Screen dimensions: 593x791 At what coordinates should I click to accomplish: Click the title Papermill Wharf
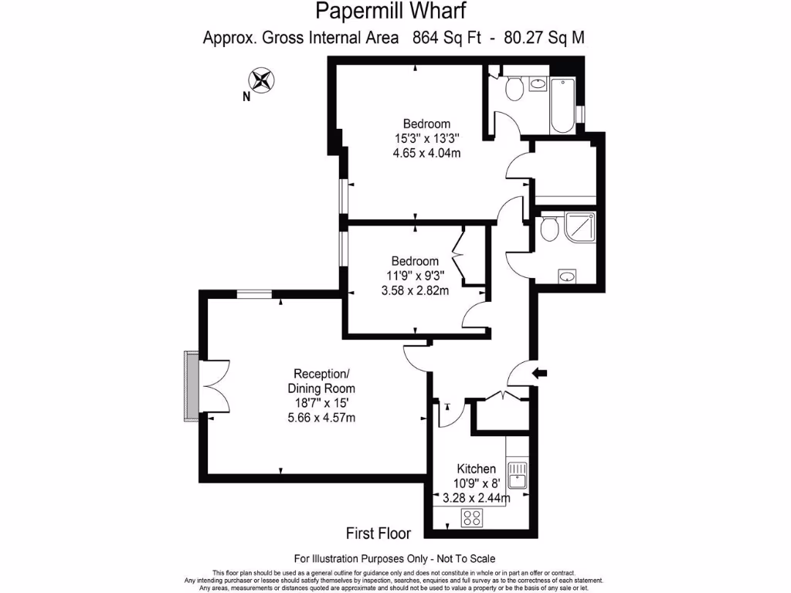(x=391, y=12)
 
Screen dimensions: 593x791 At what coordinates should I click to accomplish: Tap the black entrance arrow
(x=540, y=374)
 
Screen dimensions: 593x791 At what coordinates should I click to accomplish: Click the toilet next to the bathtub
(x=513, y=90)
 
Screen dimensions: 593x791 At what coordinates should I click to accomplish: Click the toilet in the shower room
(x=549, y=229)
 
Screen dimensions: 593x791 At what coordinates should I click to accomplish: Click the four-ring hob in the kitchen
(x=472, y=519)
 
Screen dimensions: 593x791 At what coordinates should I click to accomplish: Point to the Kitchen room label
(x=476, y=469)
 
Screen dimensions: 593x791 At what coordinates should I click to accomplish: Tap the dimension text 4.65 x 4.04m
(x=426, y=153)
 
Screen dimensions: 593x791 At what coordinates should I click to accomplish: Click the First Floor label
(x=378, y=533)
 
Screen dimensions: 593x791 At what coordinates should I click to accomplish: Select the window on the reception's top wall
(x=254, y=293)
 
